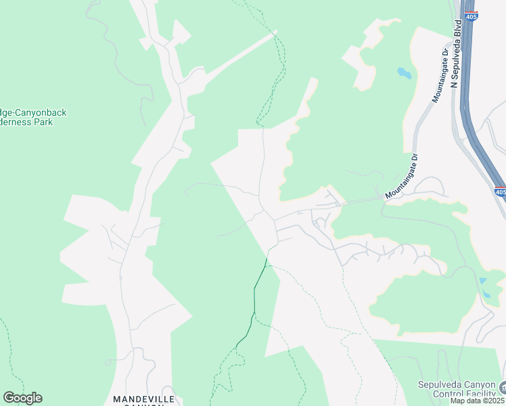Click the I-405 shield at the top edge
pyautogui.click(x=472, y=16)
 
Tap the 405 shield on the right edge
pyautogui.click(x=499, y=192)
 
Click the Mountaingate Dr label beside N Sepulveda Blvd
pyautogui.click(x=440, y=74)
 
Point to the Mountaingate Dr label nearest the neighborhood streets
pyautogui.click(x=402, y=177)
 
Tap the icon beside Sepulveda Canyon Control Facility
pyautogui.click(x=503, y=388)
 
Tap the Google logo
pyautogui.click(x=22, y=398)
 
